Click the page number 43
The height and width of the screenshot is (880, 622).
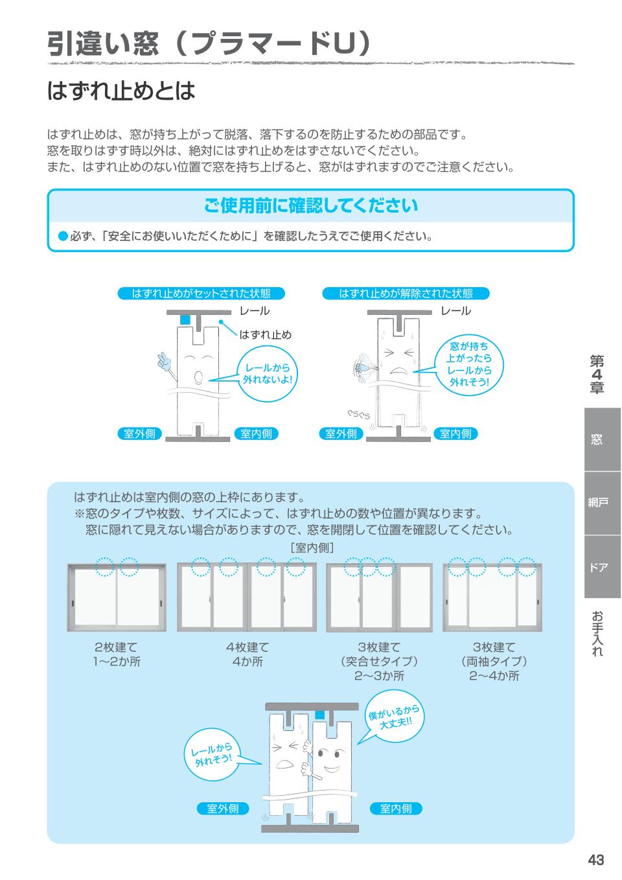(595, 859)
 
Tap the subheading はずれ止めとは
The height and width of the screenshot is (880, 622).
(121, 91)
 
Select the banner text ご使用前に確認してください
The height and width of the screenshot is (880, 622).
(310, 206)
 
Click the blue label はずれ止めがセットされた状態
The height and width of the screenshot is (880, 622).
(201, 294)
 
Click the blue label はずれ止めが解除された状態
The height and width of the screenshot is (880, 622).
(406, 294)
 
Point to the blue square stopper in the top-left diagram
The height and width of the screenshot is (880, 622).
(185, 319)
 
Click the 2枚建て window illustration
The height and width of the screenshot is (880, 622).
(117, 597)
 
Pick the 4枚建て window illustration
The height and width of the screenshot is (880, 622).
(246, 597)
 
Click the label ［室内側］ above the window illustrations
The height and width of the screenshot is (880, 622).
(312, 548)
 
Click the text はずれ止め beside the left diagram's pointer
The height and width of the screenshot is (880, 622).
(266, 334)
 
